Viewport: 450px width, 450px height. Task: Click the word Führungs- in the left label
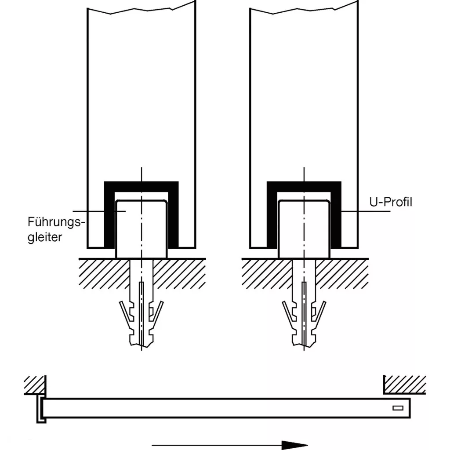[55, 221]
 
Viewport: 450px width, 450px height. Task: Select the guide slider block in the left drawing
[142, 229]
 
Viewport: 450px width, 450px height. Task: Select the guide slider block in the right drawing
[304, 229]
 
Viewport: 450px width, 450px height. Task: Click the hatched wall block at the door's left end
[35, 385]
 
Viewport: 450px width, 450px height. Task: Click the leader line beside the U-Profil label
[367, 211]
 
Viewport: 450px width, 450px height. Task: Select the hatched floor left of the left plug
[103, 272]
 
